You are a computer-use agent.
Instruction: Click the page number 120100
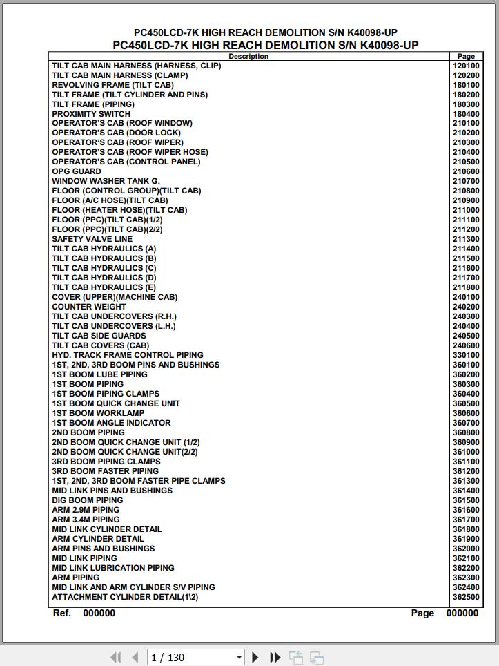pyautogui.click(x=466, y=66)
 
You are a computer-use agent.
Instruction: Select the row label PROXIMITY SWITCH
pyautogui.click(x=91, y=114)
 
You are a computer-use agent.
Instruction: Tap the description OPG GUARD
pyautogui.click(x=77, y=171)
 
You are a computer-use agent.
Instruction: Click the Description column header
pyautogui.click(x=248, y=57)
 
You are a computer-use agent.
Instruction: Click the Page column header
pyautogui.click(x=466, y=57)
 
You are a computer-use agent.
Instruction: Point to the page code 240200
pyautogui.click(x=466, y=307)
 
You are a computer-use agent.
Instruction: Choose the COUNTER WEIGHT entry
pyautogui.click(x=89, y=307)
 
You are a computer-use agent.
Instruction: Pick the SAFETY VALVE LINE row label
pyautogui.click(x=92, y=239)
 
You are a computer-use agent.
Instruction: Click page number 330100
pyautogui.click(x=466, y=355)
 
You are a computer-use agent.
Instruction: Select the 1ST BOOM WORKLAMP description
pyautogui.click(x=98, y=413)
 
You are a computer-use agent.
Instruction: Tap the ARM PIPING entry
pyautogui.click(x=76, y=578)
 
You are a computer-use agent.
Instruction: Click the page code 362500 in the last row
pyautogui.click(x=466, y=597)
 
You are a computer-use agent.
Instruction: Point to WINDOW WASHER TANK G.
pyautogui.click(x=106, y=181)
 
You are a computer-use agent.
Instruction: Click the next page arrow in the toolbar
pyautogui.click(x=255, y=657)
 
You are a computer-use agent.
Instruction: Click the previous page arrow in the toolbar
pyautogui.click(x=135, y=657)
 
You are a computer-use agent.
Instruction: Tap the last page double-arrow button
pyautogui.click(x=275, y=657)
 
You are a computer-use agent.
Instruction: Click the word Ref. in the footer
pyautogui.click(x=62, y=613)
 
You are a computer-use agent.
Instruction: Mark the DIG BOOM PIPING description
pyautogui.click(x=88, y=500)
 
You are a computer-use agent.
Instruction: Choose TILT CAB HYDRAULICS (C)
pyautogui.click(x=104, y=268)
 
